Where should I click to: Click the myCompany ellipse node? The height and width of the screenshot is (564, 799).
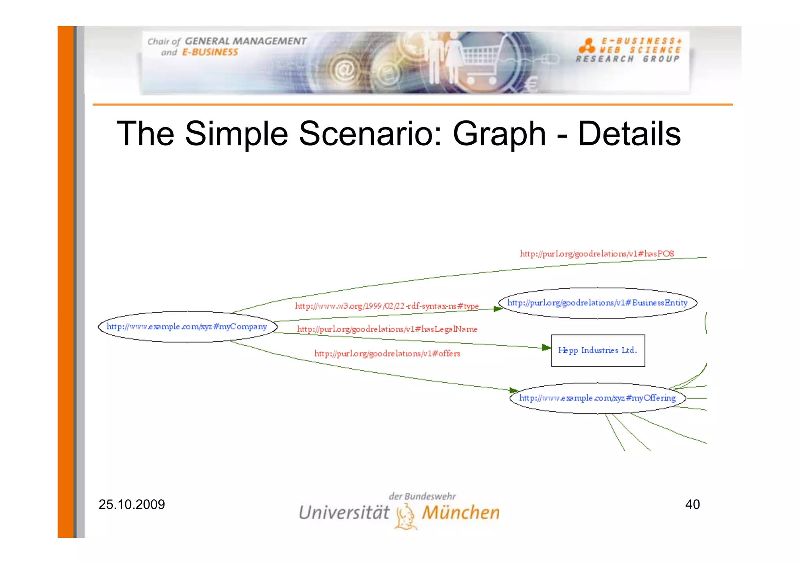coord(187,327)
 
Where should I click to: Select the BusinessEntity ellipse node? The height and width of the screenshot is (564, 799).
coord(597,303)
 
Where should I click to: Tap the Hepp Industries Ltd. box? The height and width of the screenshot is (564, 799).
coord(597,350)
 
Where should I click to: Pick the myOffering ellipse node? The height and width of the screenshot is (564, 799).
coord(597,398)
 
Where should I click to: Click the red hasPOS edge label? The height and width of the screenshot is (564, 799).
coord(597,254)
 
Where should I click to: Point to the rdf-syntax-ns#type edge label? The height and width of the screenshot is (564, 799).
coord(387,306)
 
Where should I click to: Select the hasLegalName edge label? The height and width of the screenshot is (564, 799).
coord(387,329)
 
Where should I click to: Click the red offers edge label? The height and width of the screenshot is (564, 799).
coord(387,354)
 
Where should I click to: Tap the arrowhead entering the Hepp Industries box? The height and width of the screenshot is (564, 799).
coord(546,347)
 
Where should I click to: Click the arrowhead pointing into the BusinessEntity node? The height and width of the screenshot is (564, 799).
coord(497,309)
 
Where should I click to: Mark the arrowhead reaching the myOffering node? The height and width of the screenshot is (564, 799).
coord(513,390)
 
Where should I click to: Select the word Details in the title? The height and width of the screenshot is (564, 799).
coord(629,134)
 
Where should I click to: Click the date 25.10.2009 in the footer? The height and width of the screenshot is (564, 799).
coord(131,504)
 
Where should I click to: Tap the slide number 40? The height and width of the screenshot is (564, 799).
coord(692,504)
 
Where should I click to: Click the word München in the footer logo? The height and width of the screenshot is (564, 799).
coord(460,513)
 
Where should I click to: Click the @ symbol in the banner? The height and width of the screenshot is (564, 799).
coord(344,71)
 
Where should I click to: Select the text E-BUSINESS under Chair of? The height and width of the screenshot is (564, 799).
coord(210,52)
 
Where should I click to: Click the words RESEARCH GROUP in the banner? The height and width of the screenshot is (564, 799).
coord(627,59)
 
